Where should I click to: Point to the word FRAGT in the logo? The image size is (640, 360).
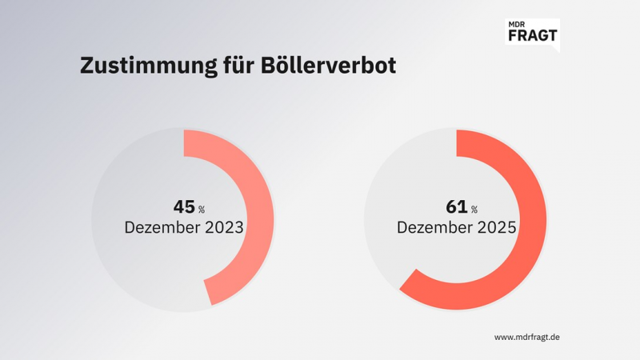533,37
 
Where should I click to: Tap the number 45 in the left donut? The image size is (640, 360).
184,206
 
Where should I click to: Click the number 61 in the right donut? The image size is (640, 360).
456,206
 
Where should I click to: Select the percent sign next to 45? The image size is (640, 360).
202,210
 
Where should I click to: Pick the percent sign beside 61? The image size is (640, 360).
474,210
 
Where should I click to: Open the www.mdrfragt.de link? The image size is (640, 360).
526,338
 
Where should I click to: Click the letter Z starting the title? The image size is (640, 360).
86,66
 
